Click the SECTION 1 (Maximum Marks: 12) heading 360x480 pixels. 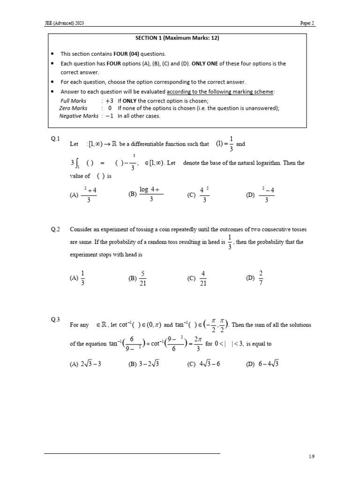click(x=178, y=38)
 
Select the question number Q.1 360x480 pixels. click(x=56, y=138)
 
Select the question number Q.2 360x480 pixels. click(x=56, y=229)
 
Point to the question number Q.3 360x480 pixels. click(x=56, y=320)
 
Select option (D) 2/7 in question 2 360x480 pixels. click(x=256, y=278)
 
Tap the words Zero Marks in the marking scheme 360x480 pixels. click(x=73, y=108)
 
